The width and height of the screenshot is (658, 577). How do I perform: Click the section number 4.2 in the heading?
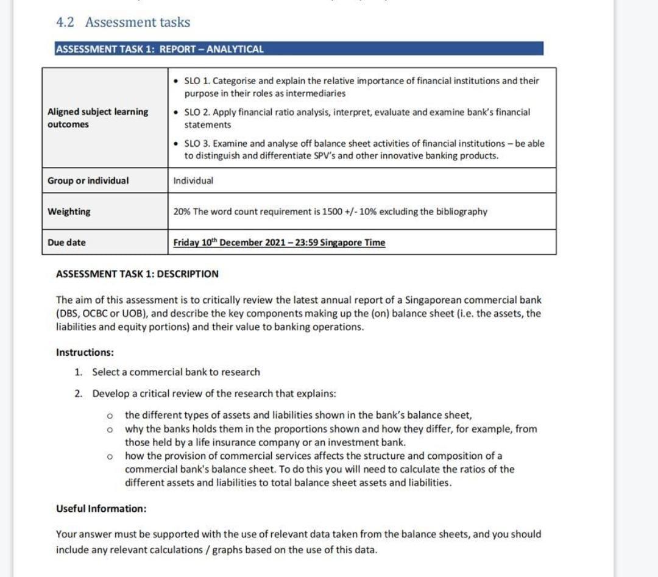(65, 23)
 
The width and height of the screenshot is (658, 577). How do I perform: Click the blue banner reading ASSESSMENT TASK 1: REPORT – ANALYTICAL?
(299, 49)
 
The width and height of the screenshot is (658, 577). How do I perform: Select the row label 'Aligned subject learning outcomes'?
(97, 118)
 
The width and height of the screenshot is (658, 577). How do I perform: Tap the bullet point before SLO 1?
(176, 81)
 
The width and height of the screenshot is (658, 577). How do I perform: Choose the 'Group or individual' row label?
(88, 180)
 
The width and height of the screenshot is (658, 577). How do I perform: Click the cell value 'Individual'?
(193, 180)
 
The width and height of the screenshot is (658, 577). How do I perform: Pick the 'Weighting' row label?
(69, 211)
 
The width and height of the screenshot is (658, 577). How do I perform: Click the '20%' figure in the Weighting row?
(182, 211)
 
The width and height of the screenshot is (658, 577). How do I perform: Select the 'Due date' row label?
(66, 242)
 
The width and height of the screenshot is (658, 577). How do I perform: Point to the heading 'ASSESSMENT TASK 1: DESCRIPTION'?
(137, 274)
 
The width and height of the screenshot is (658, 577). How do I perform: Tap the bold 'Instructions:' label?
(85, 352)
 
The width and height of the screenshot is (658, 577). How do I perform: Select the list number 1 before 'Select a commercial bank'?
(78, 372)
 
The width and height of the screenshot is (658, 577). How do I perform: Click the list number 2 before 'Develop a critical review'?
(78, 394)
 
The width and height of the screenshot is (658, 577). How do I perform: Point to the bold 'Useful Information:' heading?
(101, 508)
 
